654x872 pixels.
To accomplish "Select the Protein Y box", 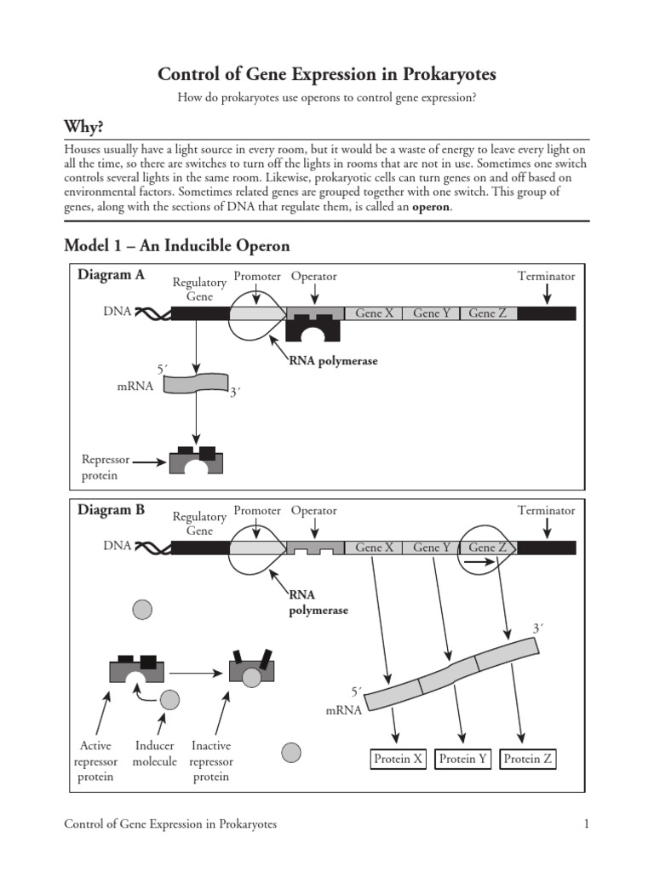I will click(x=463, y=759).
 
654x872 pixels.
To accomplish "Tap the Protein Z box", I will click(x=528, y=759).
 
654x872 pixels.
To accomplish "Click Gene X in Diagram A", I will click(x=374, y=313).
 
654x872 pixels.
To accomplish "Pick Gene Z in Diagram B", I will click(x=487, y=548).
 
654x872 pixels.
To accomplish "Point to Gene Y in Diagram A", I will click(x=432, y=313).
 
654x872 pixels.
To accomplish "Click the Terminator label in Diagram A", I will click(x=546, y=276).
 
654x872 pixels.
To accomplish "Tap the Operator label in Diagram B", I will click(x=313, y=511).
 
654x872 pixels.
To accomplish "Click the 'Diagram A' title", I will click(x=112, y=275).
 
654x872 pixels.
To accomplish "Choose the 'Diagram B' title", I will click(x=112, y=510).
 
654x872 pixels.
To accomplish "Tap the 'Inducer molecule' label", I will click(x=155, y=754).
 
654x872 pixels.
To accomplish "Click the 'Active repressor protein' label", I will click(x=95, y=761).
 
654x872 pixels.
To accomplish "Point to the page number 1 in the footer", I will click(x=587, y=824).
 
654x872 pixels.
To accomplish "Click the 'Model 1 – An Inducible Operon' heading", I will click(x=177, y=246).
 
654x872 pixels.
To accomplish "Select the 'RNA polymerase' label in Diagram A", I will click(x=333, y=361).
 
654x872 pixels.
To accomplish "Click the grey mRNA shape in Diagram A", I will click(x=195, y=382).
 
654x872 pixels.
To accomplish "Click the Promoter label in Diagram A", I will click(x=256, y=276).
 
